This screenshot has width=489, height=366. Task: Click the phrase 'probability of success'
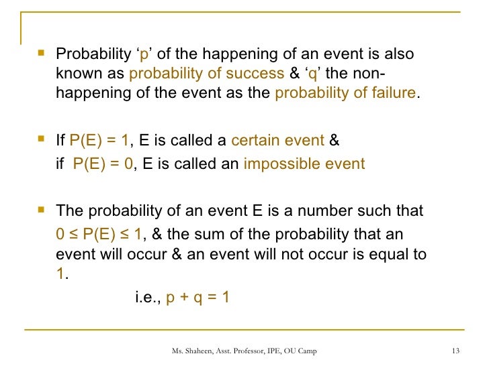206,74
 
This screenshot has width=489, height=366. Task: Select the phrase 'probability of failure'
346,93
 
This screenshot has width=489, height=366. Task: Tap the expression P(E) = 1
99,141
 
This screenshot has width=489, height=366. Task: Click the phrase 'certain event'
277,141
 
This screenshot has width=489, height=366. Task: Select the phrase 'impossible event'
304,164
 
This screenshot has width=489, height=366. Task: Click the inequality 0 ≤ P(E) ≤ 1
99,234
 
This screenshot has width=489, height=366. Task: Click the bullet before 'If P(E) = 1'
42,139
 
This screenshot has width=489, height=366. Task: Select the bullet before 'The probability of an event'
42,209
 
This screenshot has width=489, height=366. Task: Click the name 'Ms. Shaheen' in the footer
191,351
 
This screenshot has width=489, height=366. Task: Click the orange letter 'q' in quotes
314,74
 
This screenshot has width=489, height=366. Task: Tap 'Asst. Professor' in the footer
242,351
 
